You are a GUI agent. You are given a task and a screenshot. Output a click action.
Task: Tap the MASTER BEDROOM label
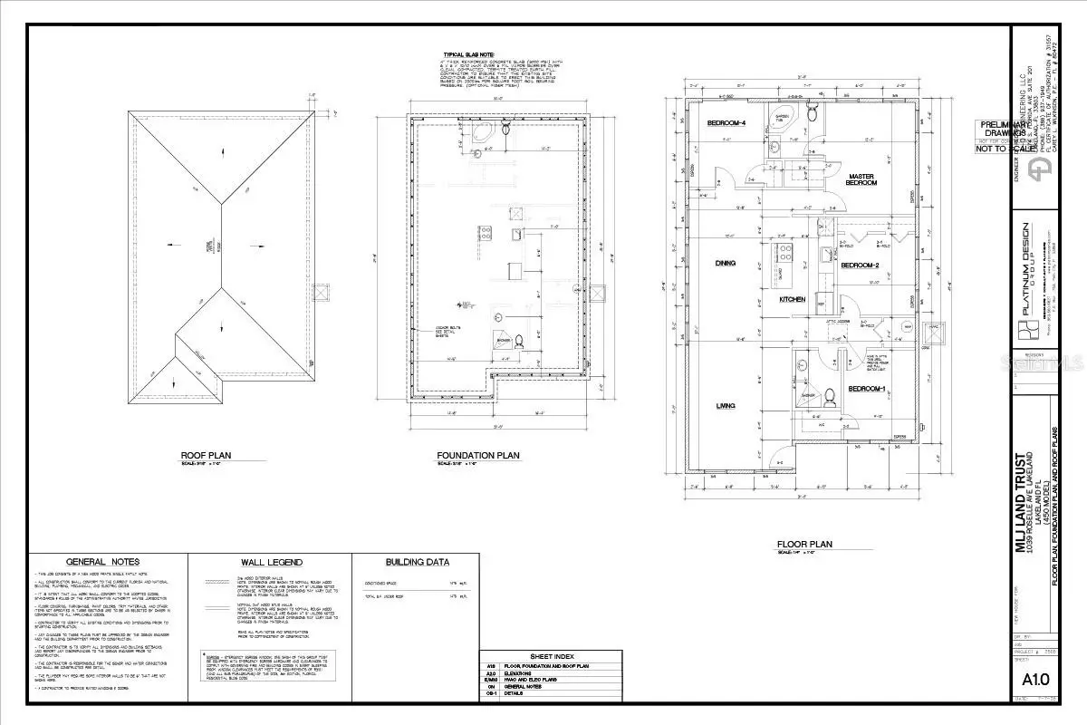coord(861,179)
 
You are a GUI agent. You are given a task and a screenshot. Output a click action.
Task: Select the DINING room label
coord(724,264)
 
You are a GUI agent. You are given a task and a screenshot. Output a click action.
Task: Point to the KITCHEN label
coord(793,299)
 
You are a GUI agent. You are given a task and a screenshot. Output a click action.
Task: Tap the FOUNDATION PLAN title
coord(477,457)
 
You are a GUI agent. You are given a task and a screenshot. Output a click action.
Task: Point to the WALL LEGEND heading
coord(271,562)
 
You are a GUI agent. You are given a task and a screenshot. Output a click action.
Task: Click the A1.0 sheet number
coord(1034,703)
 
